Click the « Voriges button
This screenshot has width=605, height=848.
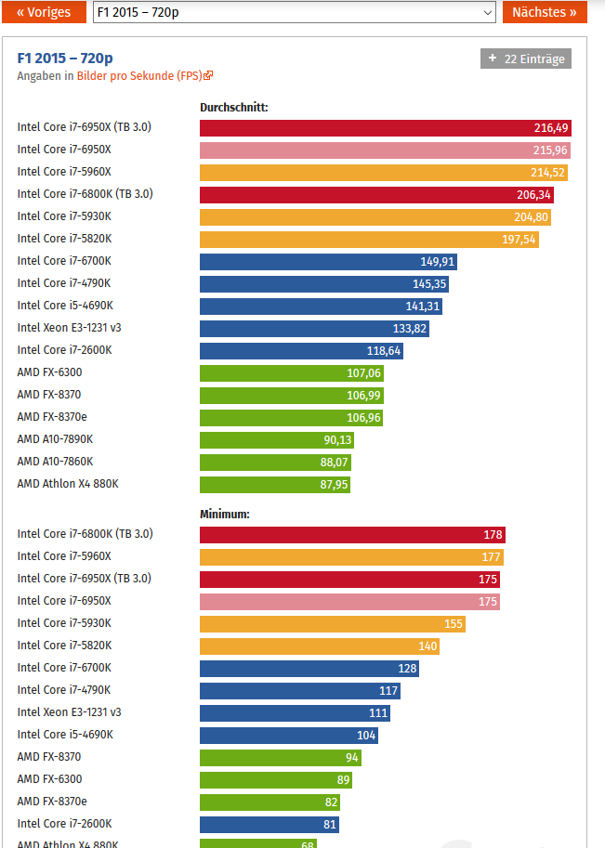click(44, 12)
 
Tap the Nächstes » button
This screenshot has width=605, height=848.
click(545, 12)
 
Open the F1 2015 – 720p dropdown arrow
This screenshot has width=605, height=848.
click(488, 12)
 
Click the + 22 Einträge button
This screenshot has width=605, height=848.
click(525, 59)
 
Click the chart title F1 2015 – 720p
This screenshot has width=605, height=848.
click(65, 58)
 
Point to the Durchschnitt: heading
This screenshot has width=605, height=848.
click(234, 107)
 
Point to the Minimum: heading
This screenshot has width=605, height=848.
click(225, 515)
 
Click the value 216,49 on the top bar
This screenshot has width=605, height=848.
click(551, 128)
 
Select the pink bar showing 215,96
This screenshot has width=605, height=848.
click(385, 150)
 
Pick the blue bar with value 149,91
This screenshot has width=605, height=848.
click(328, 262)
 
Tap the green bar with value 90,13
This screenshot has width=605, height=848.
click(277, 440)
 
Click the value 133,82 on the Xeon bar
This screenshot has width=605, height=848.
click(410, 329)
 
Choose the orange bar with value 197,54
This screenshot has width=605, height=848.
click(369, 240)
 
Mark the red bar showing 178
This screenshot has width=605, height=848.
click(352, 535)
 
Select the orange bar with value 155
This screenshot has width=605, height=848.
click(333, 624)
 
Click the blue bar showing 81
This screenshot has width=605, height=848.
click(269, 825)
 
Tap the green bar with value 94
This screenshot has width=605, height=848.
click(281, 758)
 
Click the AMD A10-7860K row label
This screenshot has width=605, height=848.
click(55, 462)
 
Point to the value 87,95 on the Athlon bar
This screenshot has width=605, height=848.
click(334, 485)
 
